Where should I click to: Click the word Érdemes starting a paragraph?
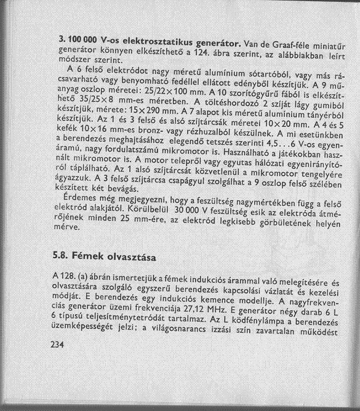pyautogui.click(x=79, y=198)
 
